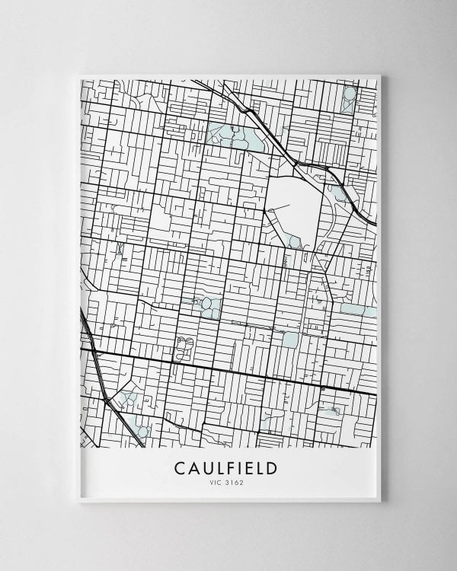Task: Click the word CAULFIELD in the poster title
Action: point(225,467)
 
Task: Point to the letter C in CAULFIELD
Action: point(180,467)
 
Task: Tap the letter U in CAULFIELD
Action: point(206,467)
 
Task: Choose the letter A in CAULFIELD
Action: point(193,467)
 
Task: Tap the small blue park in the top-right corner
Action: point(349,97)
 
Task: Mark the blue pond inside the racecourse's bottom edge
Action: point(295,242)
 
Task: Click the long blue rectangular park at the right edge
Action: point(357,311)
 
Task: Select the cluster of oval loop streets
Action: point(184,347)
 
